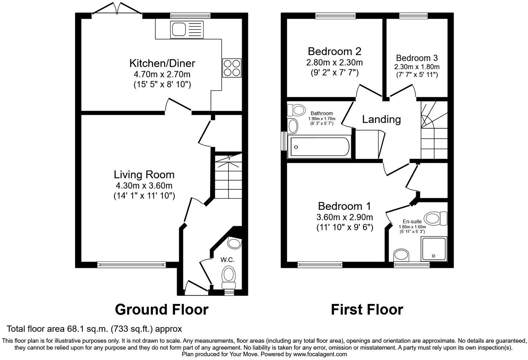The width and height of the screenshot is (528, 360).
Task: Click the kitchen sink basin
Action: [x=179, y=30]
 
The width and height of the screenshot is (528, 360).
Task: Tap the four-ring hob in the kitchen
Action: [x=232, y=68]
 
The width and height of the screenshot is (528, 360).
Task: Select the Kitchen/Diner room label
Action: [x=162, y=63]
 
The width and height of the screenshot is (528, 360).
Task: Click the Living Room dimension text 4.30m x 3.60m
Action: [x=144, y=186]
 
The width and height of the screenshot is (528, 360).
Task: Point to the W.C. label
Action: [x=227, y=260]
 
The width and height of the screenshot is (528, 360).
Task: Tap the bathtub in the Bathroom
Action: [x=320, y=147]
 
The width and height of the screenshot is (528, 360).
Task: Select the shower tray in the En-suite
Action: [x=434, y=249]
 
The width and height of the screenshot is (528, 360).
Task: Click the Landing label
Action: [x=381, y=119]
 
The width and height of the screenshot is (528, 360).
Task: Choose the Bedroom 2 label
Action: [x=335, y=51]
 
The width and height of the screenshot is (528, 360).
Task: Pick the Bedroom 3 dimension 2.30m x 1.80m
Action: [x=417, y=67]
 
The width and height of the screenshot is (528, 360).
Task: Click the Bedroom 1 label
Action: [x=345, y=206]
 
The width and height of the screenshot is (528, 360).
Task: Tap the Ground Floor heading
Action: [x=162, y=309]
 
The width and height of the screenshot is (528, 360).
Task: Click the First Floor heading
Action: [x=367, y=309]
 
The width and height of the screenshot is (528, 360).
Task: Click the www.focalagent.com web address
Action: [x=320, y=354]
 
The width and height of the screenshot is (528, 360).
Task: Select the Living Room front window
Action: [x=131, y=265]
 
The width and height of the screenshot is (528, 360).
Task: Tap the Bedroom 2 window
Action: [x=335, y=16]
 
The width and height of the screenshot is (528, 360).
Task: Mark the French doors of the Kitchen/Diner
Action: [x=117, y=9]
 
